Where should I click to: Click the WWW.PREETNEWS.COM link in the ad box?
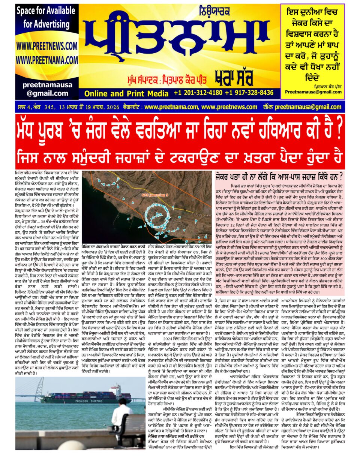pyautogui.click(x=47, y=46)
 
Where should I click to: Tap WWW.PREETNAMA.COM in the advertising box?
pyautogui.click(x=47, y=60)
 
